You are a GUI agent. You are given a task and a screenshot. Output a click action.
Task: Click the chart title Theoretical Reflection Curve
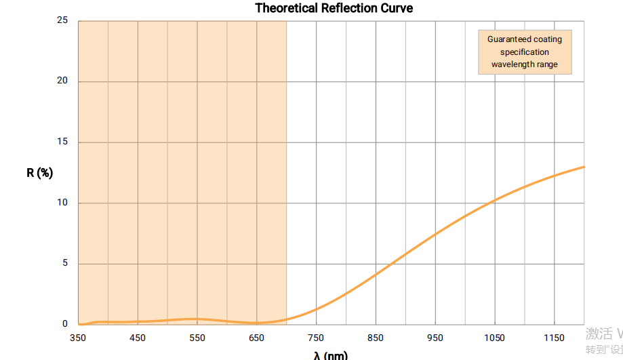click(x=334, y=8)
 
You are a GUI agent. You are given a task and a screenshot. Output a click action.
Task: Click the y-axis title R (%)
click(x=39, y=172)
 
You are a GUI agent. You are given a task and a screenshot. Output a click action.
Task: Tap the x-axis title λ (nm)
click(x=331, y=355)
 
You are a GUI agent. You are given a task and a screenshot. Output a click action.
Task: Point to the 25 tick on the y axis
click(x=62, y=20)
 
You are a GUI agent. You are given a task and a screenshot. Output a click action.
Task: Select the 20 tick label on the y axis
click(x=62, y=81)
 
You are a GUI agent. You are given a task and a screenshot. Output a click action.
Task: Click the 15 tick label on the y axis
click(x=62, y=142)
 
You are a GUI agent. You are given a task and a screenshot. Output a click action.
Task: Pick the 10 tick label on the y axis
click(x=62, y=203)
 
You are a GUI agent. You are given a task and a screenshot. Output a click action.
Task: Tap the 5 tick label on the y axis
click(x=65, y=264)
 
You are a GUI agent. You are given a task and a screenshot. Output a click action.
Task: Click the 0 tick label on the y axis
click(x=65, y=324)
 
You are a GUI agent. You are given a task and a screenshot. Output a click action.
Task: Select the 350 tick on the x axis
click(x=78, y=338)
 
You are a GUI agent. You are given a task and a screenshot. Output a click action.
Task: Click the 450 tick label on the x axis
click(x=138, y=338)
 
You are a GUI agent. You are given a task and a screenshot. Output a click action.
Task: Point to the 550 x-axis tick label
click(x=197, y=338)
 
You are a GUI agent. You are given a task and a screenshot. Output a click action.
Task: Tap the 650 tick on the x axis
click(x=256, y=338)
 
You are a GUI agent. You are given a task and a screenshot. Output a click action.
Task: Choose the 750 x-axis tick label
click(x=316, y=338)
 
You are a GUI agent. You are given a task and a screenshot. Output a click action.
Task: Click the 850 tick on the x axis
click(x=376, y=338)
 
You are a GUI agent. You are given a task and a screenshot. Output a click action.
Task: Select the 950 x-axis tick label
click(x=435, y=338)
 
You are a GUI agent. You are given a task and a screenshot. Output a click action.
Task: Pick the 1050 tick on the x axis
click(x=495, y=338)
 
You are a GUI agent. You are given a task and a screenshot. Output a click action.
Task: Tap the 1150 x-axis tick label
click(x=554, y=338)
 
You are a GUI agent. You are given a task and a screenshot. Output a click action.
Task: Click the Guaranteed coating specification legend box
click(x=525, y=52)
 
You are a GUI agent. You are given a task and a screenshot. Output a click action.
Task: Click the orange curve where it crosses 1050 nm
click(x=495, y=200)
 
